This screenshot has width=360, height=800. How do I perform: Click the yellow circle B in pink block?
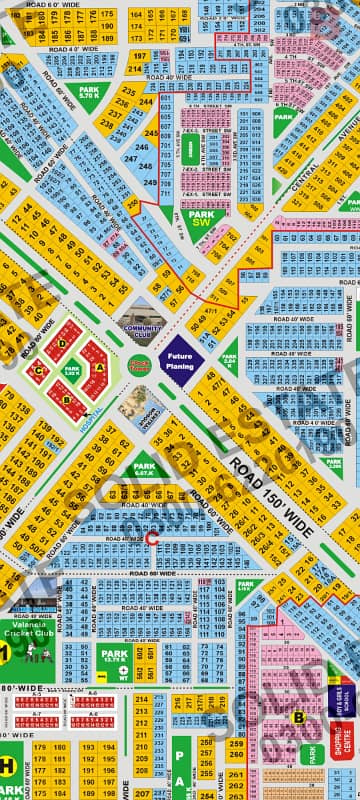click(x=297, y=716)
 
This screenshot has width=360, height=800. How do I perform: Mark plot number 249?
click(x=149, y=182)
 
